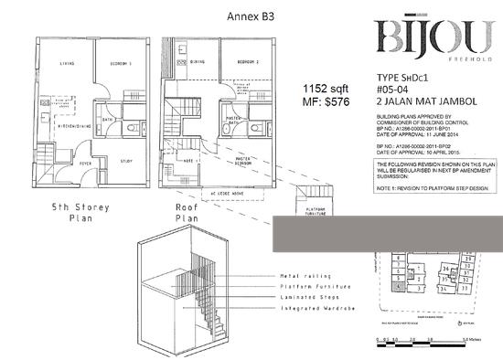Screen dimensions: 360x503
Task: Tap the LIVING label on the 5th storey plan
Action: tap(66, 63)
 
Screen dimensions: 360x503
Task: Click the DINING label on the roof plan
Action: tap(198, 61)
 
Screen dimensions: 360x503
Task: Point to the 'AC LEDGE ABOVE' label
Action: tap(236, 196)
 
